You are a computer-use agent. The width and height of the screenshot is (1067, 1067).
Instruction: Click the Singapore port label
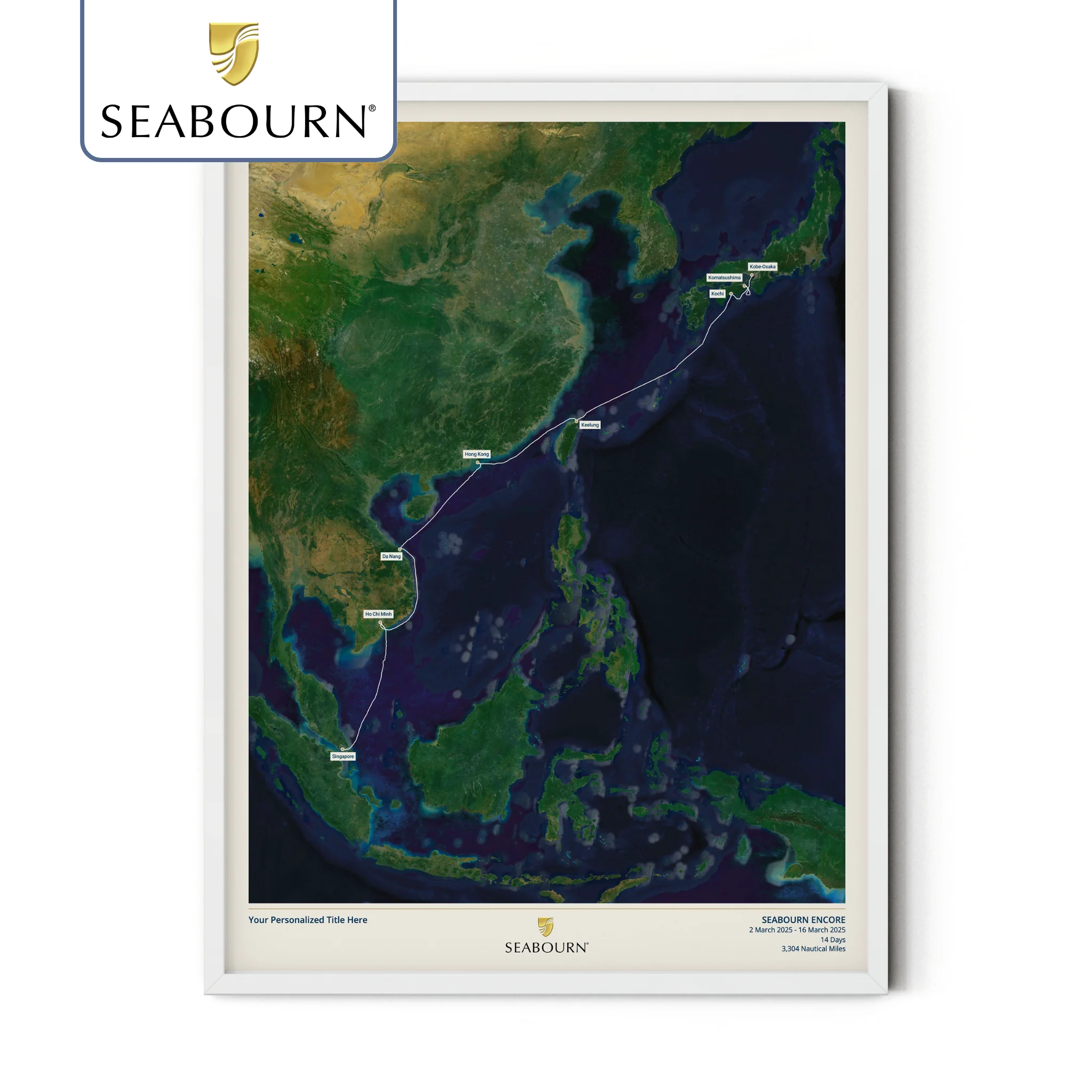[343, 756]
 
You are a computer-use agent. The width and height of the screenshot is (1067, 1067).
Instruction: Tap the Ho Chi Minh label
[378, 614]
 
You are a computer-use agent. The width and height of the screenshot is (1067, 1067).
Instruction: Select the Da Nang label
[391, 556]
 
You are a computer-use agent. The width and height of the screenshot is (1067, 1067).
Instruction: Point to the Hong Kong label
[476, 454]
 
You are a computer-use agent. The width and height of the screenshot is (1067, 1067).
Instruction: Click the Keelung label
[590, 425]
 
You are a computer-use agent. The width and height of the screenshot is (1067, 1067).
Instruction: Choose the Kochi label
[717, 294]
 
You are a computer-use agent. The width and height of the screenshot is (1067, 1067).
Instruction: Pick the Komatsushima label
[724, 277]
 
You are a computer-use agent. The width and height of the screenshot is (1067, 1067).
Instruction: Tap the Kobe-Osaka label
[762, 266]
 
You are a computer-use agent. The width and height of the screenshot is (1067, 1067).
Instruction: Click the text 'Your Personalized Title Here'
[308, 920]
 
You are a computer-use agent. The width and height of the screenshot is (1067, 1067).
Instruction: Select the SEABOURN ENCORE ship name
[803, 920]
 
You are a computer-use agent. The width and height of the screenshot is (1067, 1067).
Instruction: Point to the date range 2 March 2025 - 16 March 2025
[797, 929]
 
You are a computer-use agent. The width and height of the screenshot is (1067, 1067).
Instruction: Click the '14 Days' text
[832, 939]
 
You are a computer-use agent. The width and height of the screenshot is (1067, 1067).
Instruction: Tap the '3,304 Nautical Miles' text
[813, 949]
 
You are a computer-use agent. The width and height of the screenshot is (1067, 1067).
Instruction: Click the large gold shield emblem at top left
[234, 53]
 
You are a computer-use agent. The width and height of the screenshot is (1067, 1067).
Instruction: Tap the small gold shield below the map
[546, 927]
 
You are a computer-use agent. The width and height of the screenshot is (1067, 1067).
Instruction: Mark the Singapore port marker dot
[343, 749]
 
